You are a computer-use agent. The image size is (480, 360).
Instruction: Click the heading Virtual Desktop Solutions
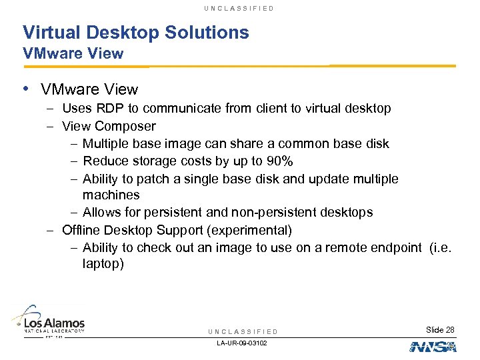(135, 32)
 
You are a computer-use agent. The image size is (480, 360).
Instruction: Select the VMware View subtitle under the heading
(73, 54)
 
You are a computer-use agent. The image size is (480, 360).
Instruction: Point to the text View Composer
(109, 126)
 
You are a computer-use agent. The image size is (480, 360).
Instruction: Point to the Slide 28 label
(440, 330)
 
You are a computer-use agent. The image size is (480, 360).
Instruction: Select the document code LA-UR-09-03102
(243, 343)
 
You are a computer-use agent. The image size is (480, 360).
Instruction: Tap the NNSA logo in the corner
(433, 347)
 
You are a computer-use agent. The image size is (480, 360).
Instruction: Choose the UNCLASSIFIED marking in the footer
(243, 331)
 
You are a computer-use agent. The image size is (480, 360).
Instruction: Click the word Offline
(81, 231)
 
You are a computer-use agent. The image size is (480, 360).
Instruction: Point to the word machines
(111, 195)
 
